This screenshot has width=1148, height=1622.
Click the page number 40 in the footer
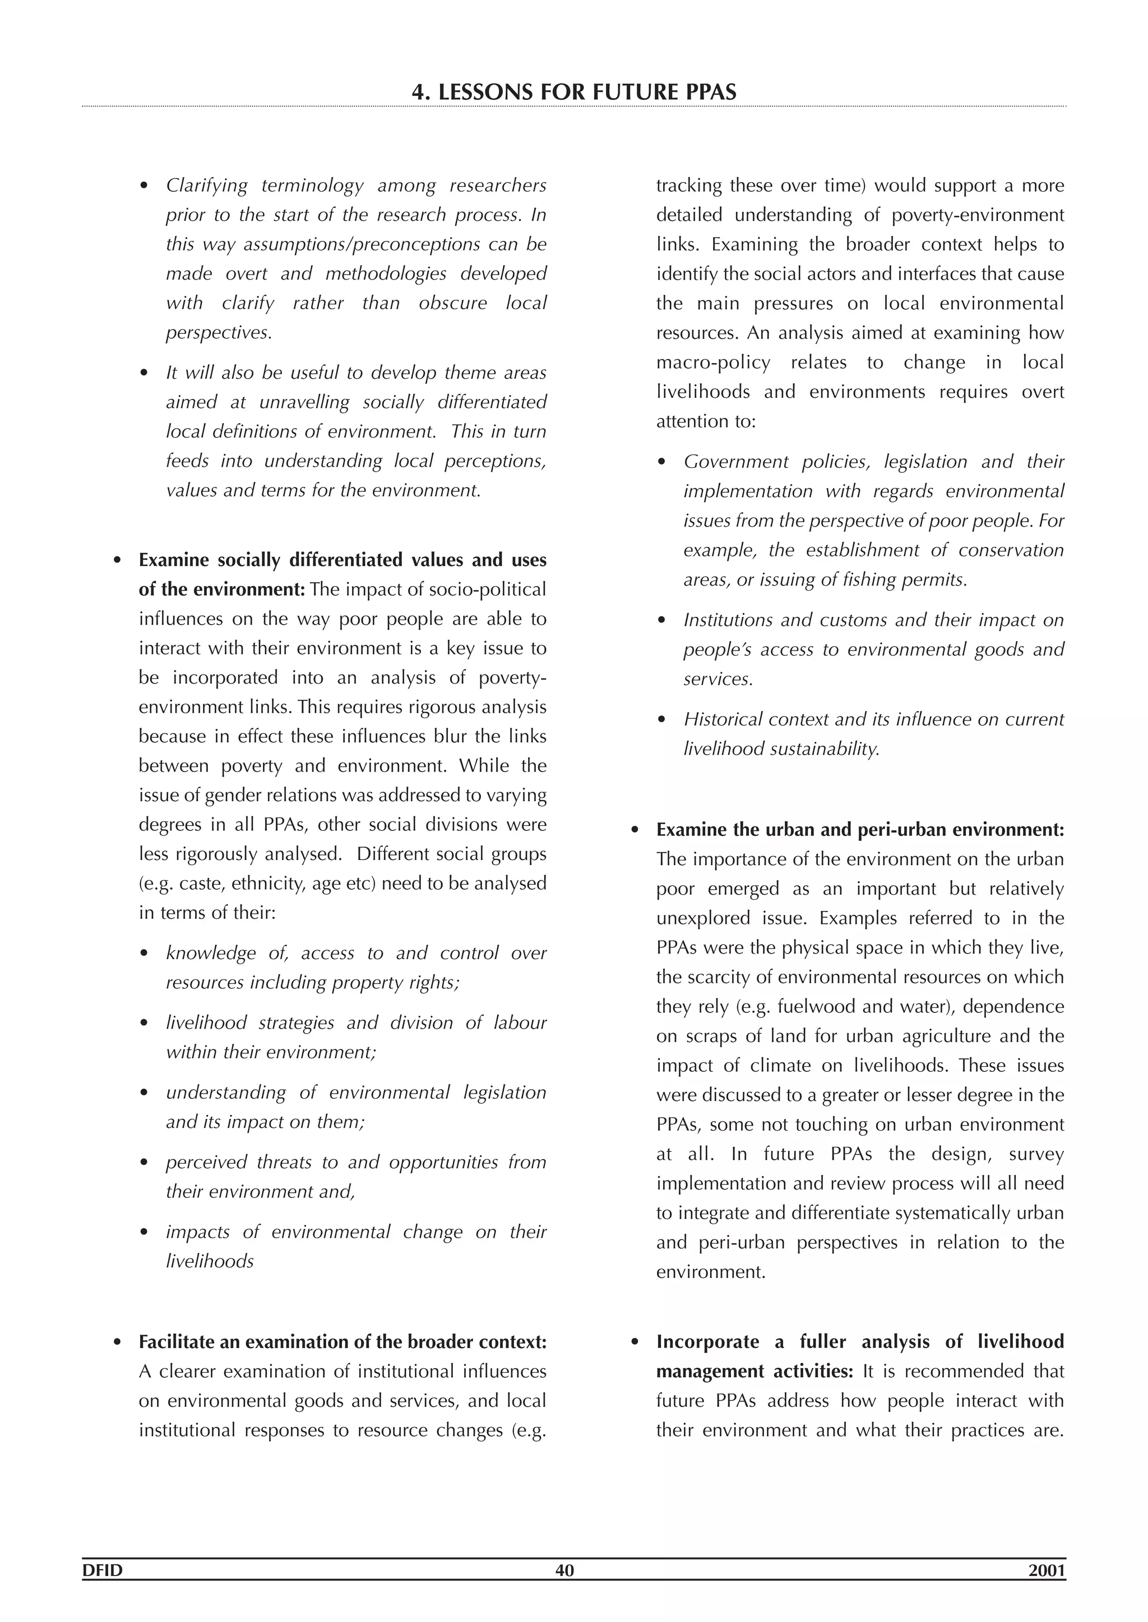pos(565,1570)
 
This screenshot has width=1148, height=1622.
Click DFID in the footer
pos(103,1570)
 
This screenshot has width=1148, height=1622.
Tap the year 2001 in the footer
pos(1047,1570)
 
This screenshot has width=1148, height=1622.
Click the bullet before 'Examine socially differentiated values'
pos(118,561)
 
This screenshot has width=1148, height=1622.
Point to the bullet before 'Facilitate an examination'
pos(118,1342)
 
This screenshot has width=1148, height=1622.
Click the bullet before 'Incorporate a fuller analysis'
pos(636,1342)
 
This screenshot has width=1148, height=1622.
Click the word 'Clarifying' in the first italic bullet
pos(206,186)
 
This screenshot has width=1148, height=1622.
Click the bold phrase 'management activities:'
pos(754,1372)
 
